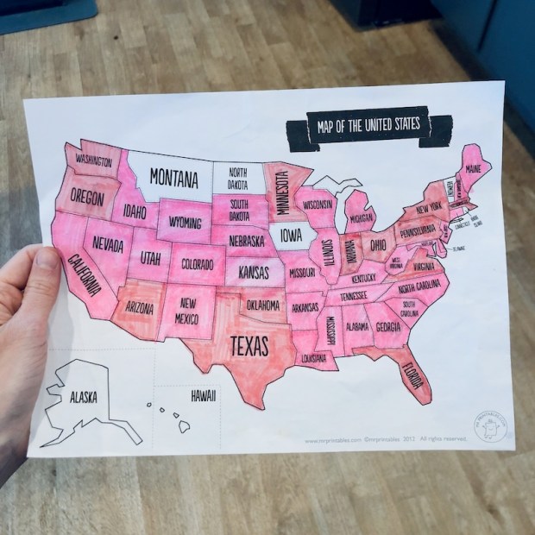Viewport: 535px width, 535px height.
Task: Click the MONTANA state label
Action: click(174, 179)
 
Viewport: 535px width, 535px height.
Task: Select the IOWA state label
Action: click(289, 235)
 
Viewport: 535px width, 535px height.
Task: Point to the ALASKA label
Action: click(84, 397)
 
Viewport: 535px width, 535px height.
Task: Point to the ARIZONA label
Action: click(139, 305)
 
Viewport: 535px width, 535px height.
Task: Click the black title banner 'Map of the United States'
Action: click(368, 126)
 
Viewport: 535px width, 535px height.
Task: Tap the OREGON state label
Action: click(87, 198)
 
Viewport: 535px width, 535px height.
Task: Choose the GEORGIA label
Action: click(387, 327)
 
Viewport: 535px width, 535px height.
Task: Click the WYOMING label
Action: click(185, 222)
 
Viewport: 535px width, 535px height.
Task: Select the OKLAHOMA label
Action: click(262, 305)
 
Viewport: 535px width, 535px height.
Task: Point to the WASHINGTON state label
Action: click(93, 162)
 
